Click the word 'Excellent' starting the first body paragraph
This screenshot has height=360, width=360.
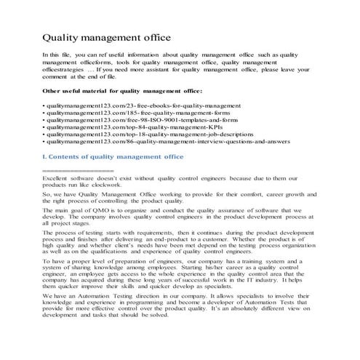tap(58, 178)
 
